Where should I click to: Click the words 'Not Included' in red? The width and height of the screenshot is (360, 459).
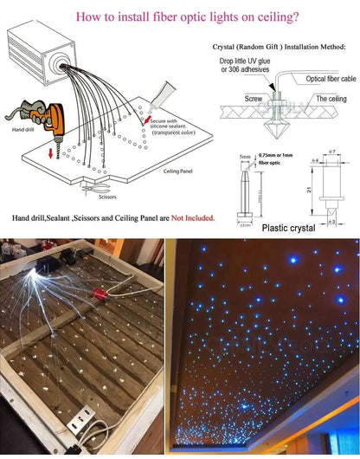tap(192, 218)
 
